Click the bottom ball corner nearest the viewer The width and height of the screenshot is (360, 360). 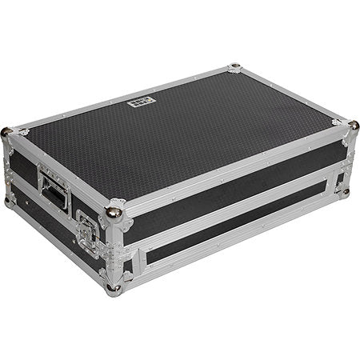point(116,286)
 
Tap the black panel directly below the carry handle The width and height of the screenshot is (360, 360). point(48,216)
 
